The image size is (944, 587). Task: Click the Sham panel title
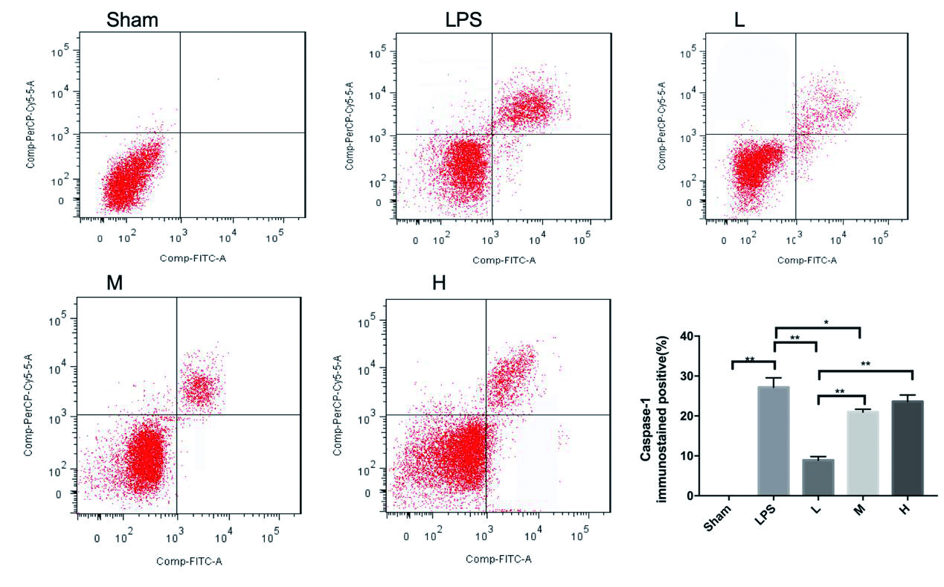132,20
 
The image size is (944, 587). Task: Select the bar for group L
818,477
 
